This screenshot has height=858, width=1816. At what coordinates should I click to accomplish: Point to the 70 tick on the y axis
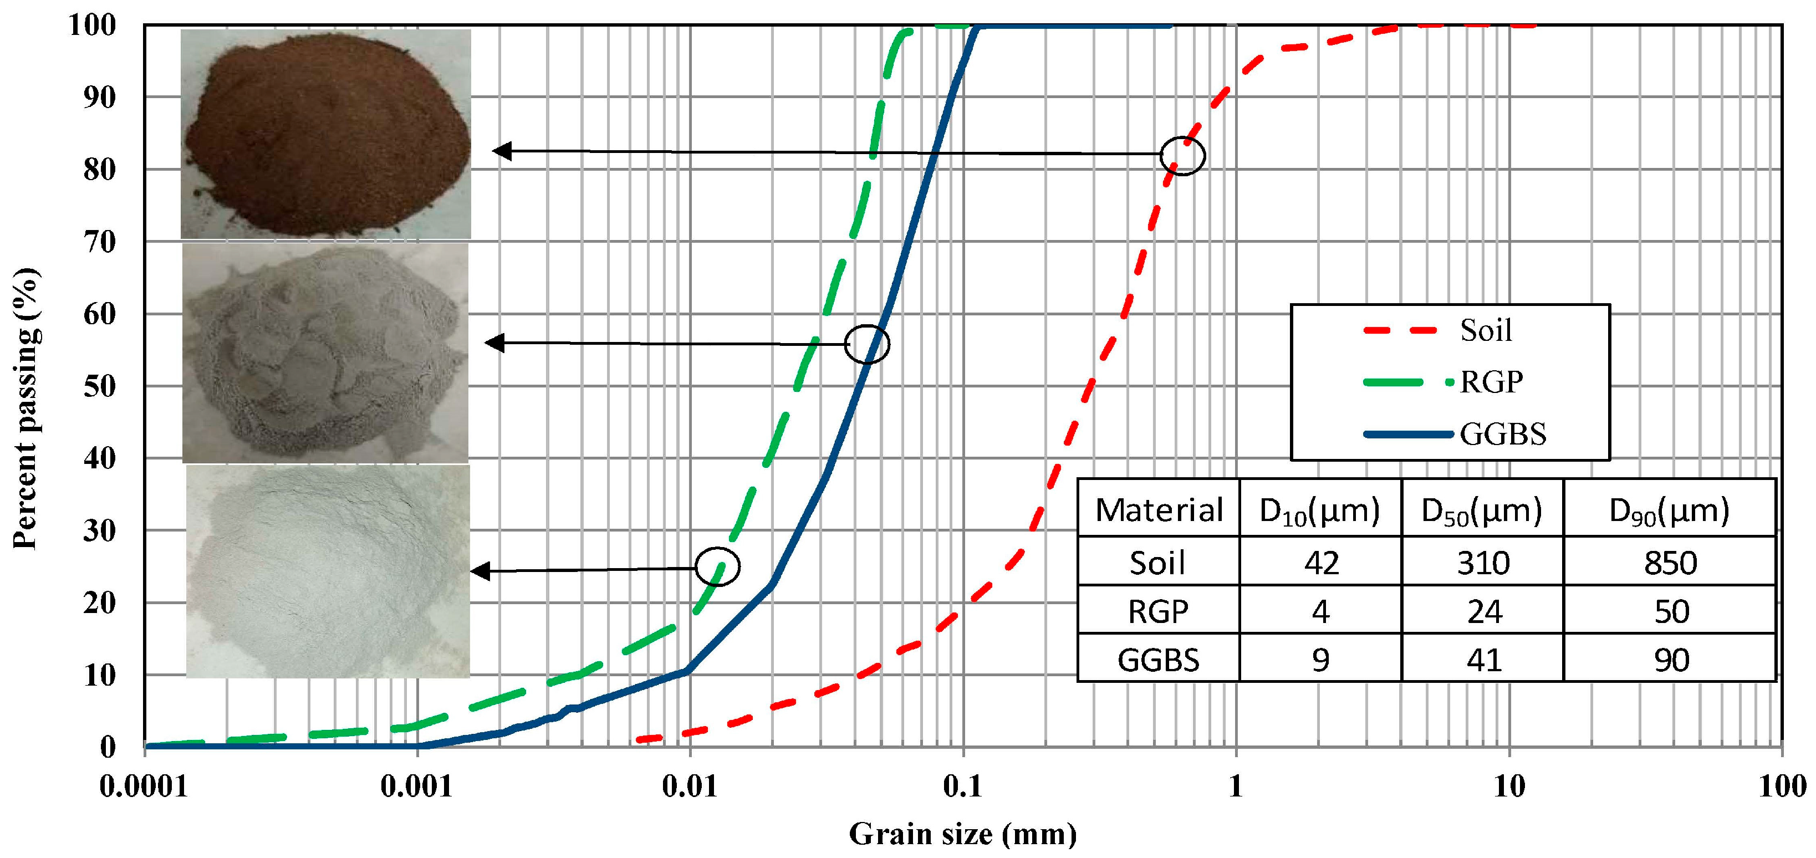[99, 242]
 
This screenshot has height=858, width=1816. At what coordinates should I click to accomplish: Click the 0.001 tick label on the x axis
[417, 786]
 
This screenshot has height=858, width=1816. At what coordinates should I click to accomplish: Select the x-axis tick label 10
[1509, 786]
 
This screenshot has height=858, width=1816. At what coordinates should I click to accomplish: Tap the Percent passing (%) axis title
[25, 407]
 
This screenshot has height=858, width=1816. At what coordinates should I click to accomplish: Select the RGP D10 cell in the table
[1320, 611]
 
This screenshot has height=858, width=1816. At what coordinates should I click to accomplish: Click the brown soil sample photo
[326, 134]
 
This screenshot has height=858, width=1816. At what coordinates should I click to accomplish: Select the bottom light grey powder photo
[328, 571]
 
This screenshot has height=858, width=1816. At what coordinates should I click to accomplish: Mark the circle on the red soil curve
[1182, 155]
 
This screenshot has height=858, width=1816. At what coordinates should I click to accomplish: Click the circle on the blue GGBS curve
[866, 344]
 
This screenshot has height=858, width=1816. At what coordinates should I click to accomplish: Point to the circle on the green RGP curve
[718, 566]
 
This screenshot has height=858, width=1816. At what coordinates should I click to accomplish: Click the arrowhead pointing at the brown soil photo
[501, 151]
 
